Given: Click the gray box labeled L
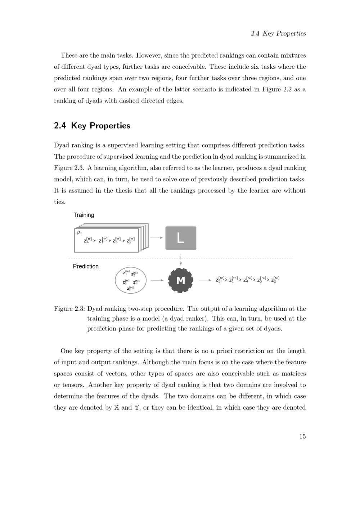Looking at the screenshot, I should [x=181, y=238].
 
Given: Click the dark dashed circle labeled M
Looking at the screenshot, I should [x=181, y=280].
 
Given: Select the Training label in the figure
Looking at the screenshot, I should [x=84, y=215].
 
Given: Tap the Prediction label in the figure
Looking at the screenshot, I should [x=86, y=266].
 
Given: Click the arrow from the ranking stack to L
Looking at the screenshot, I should [x=156, y=238].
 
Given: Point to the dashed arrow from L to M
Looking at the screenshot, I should [x=181, y=259].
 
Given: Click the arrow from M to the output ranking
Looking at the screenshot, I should [x=205, y=280].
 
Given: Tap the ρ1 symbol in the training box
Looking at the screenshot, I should [x=79, y=233].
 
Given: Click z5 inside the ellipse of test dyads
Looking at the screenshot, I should [x=130, y=288].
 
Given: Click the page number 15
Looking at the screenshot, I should [x=302, y=436].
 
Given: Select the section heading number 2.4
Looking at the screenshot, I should [x=60, y=126].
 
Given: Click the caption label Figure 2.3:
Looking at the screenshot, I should [x=69, y=308].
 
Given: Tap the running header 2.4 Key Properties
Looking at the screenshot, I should [x=278, y=33].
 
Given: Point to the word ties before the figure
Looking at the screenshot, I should [x=59, y=202].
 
